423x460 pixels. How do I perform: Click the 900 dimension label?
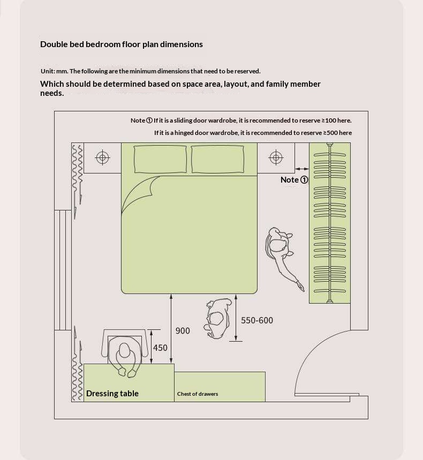[183, 331]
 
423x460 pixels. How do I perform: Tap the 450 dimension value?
[160, 348]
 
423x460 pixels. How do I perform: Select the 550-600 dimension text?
[257, 320]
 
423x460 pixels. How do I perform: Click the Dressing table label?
[112, 394]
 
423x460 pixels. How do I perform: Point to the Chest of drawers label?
[198, 394]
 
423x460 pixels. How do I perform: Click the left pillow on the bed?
[160, 159]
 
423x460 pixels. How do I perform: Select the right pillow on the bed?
[217, 159]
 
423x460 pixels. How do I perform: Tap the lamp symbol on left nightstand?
[102, 157]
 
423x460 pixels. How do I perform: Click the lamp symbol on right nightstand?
[276, 157]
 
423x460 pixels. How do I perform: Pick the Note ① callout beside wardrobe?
[294, 180]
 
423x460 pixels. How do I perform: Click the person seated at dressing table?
[125, 356]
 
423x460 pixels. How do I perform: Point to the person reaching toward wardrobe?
[281, 252]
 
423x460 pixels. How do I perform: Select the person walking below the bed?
[217, 319]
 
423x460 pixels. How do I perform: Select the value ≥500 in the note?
[330, 133]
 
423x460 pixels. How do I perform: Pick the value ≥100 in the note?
[329, 120]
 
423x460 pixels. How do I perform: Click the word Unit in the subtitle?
[47, 71]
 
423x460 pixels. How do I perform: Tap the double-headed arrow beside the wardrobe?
[302, 168]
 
